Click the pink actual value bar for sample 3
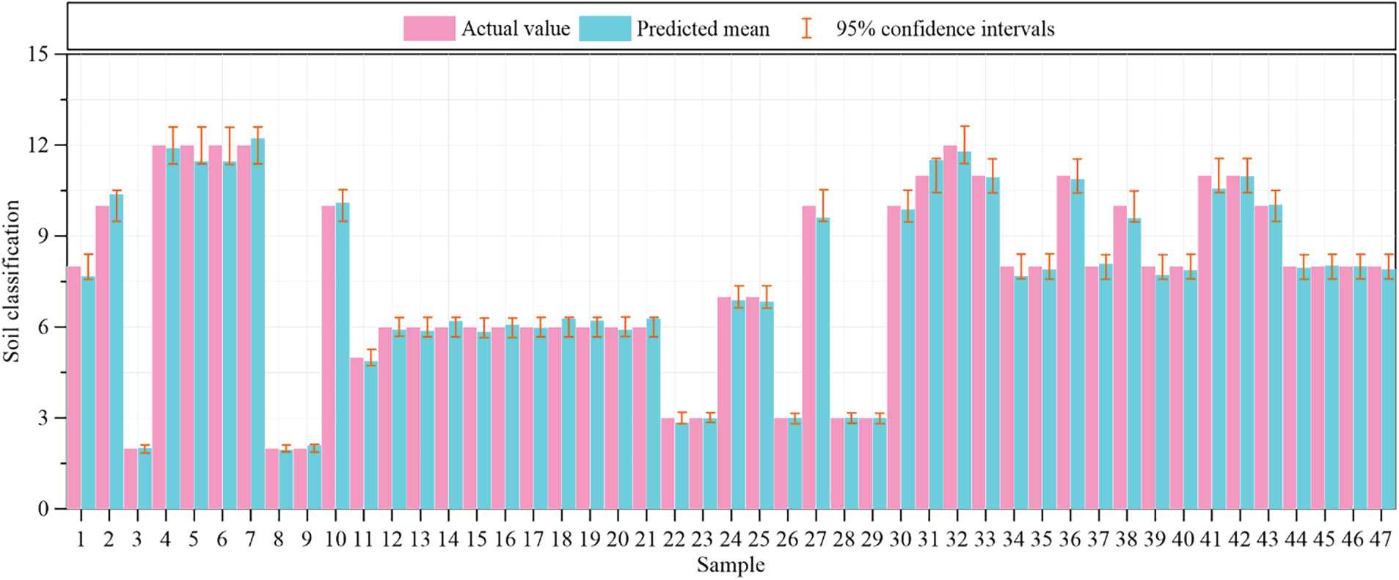tap(131, 478)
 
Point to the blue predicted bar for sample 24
tap(738, 405)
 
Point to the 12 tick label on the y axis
tap(37, 145)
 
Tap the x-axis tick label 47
tap(1380, 540)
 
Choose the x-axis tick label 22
tap(673, 540)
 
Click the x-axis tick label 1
tap(80, 540)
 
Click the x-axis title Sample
tap(731, 565)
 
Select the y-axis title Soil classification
tap(12, 281)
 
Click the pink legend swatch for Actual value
tap(429, 29)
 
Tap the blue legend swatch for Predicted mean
tap(604, 29)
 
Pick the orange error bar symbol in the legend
tap(806, 29)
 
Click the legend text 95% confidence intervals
tap(945, 29)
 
